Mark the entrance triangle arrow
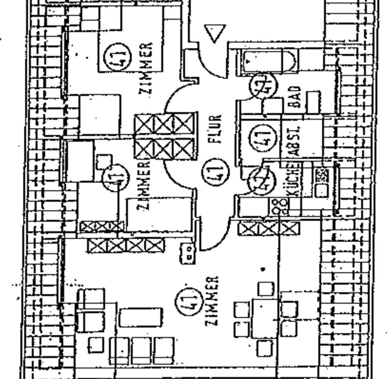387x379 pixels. pyautogui.click(x=215, y=34)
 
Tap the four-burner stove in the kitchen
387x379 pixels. pyautogui.click(x=277, y=206)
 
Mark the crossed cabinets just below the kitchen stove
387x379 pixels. pyautogui.click(x=268, y=229)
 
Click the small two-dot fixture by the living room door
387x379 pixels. pyautogui.click(x=187, y=253)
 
